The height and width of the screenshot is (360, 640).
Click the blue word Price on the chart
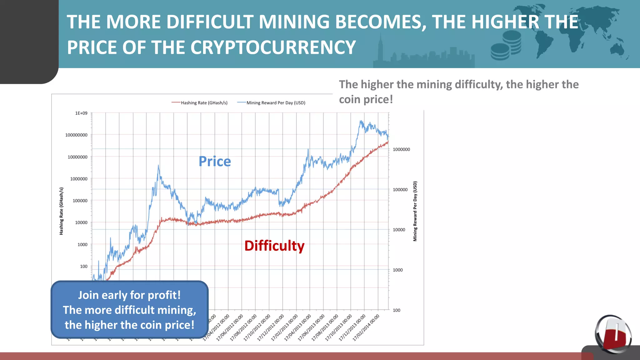pyautogui.click(x=215, y=162)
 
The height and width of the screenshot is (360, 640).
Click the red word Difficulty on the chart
pyautogui.click(x=274, y=246)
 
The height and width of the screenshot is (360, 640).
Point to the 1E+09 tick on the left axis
pyautogui.click(x=81, y=113)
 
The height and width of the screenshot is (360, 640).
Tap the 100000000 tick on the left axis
pyautogui.click(x=76, y=135)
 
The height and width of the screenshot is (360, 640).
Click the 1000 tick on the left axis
pyautogui.click(x=82, y=244)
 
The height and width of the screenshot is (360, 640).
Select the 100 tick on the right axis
pyautogui.click(x=396, y=310)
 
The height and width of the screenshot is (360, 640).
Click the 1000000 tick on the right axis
pyautogui.click(x=401, y=149)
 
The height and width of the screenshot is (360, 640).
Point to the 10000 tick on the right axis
pyautogui.click(x=399, y=230)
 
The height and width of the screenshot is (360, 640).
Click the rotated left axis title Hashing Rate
pyautogui.click(x=61, y=211)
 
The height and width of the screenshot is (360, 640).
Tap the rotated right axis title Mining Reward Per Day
pyautogui.click(x=415, y=211)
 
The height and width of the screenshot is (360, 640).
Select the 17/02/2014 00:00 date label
pyautogui.click(x=366, y=328)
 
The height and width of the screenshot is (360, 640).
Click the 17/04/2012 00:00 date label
pyautogui.click(x=216, y=328)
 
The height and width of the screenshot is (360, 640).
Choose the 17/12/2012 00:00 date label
pyautogui.click(x=271, y=328)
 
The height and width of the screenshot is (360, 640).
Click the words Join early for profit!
pyautogui.click(x=129, y=295)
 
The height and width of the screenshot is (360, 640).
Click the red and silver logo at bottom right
pyautogui.click(x=613, y=334)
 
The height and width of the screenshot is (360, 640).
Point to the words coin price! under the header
pyautogui.click(x=366, y=99)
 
